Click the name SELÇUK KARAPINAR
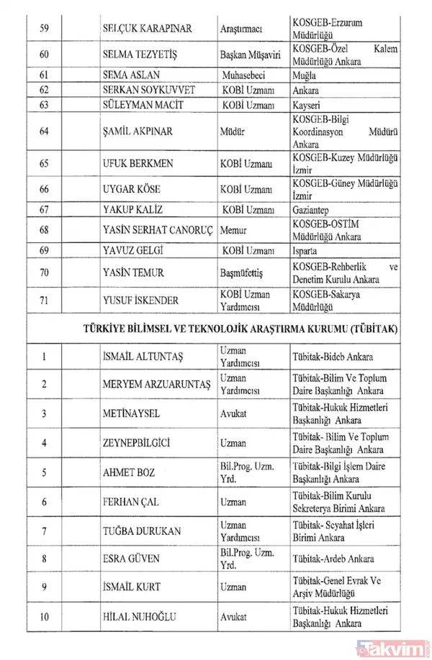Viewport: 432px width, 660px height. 145,29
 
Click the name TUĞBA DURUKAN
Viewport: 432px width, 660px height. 142,531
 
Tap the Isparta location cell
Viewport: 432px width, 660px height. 308,253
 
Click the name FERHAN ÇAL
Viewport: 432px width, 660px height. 132,502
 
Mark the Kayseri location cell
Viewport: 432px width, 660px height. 309,106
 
